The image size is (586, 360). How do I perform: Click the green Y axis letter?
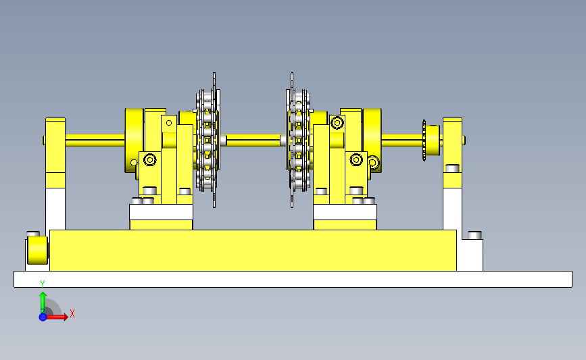[43, 284]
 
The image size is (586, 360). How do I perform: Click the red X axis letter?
[72, 313]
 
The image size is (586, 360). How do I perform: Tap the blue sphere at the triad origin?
[43, 317]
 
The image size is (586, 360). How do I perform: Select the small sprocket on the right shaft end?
[424, 140]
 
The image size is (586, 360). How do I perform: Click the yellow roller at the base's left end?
[37, 250]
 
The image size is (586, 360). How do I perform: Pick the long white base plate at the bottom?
[293, 280]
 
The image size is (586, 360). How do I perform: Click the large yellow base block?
[253, 250]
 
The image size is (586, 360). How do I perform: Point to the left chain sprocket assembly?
[207, 140]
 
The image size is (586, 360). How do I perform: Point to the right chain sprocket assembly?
[299, 140]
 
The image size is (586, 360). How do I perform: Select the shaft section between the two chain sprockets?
[253, 140]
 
